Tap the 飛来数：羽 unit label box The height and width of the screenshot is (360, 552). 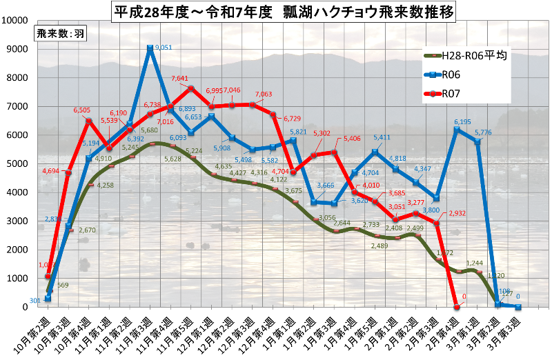pos(61,34)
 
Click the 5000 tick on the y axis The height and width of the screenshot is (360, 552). pos(17,163)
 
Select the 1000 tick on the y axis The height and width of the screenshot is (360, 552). pos(17,279)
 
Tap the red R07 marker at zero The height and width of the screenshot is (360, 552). pos(456,307)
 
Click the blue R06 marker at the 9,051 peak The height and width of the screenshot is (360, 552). pos(150,48)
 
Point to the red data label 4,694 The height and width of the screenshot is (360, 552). pos(54,170)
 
